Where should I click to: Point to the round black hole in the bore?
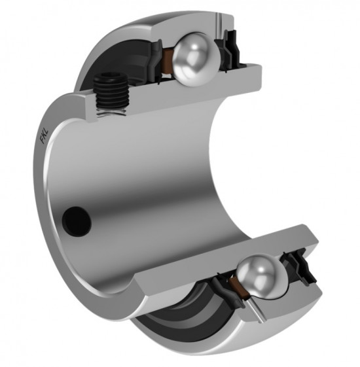77,222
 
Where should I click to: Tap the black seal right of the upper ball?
230,50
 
